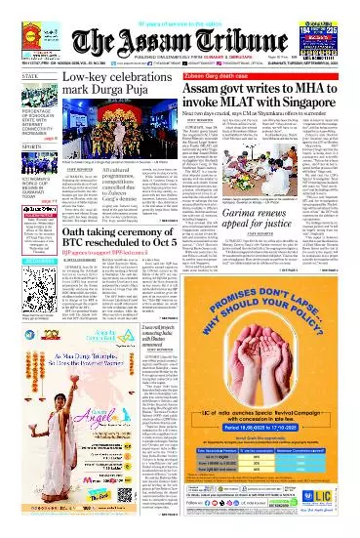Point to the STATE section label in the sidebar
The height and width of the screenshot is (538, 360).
(x=21, y=75)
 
